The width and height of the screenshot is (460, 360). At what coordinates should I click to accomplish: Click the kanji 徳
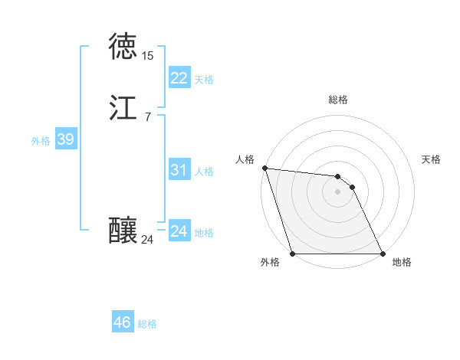click(123, 47)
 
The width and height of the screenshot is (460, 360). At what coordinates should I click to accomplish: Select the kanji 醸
click(123, 231)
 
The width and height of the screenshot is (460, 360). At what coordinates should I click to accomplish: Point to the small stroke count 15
click(147, 56)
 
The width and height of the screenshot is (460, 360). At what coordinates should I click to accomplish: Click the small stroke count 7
click(147, 117)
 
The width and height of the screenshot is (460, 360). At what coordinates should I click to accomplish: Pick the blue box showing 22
click(179, 78)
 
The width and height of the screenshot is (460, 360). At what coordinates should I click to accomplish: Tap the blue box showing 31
click(179, 170)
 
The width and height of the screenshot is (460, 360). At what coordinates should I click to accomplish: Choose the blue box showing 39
click(65, 139)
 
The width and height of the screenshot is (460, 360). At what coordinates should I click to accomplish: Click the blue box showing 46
click(122, 322)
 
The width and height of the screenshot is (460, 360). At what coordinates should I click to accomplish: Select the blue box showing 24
click(179, 231)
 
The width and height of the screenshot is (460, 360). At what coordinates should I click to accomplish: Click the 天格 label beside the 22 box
click(204, 80)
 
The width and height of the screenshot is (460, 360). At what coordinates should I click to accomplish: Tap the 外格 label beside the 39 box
click(41, 141)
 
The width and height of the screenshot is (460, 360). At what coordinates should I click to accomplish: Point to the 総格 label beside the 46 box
click(147, 324)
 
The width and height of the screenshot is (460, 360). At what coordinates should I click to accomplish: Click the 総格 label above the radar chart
click(338, 100)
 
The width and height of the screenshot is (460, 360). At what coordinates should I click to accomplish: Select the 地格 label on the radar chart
click(402, 262)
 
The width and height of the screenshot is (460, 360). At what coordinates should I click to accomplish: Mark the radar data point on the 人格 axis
click(264, 168)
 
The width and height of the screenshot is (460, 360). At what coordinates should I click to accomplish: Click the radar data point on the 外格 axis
click(292, 254)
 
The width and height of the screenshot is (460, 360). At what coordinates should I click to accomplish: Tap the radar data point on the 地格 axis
click(383, 254)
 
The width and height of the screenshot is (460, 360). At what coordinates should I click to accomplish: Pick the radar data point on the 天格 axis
click(352, 187)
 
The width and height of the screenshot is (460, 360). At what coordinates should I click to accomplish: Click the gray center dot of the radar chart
click(337, 191)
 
